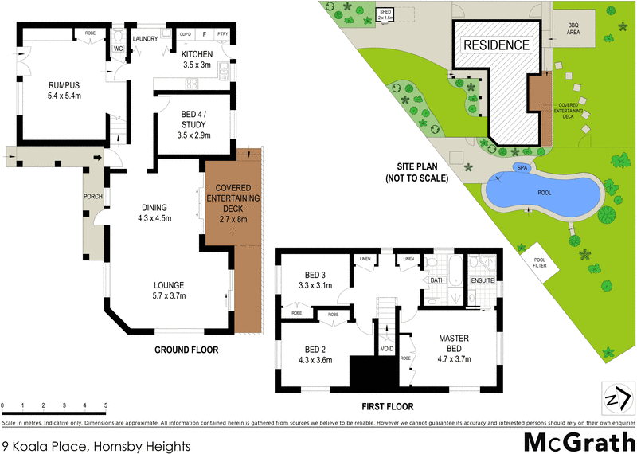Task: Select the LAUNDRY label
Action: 146,38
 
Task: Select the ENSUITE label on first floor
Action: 483,280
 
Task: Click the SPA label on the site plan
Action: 522,168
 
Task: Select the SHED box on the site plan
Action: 385,14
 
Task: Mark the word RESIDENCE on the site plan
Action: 496,45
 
